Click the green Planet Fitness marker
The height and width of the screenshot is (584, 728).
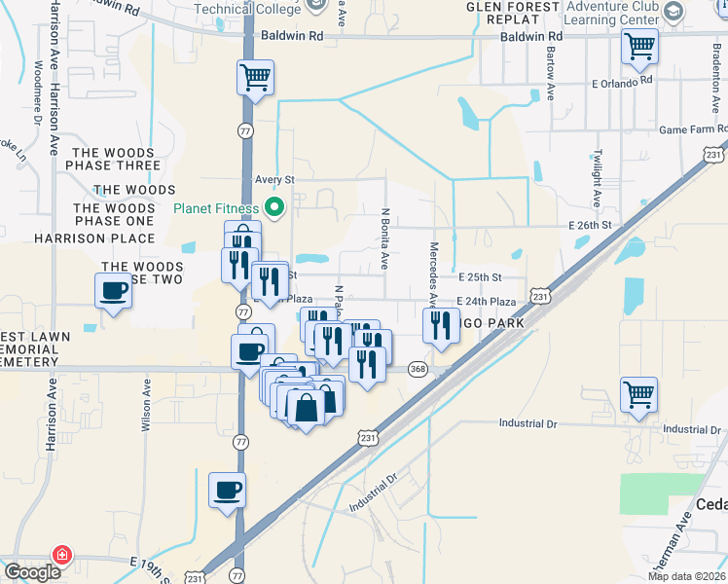[274, 207]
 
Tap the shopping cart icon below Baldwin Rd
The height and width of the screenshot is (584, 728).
[639, 45]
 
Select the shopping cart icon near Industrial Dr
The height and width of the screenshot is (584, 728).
[639, 394]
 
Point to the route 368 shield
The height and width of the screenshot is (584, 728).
[419, 369]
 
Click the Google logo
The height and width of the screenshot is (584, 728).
[32, 572]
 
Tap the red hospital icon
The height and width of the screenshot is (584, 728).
[63, 555]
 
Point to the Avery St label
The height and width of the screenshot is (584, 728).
[274, 180]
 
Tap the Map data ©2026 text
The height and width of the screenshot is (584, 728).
[686, 576]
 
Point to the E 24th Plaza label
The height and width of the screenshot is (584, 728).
[487, 303]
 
